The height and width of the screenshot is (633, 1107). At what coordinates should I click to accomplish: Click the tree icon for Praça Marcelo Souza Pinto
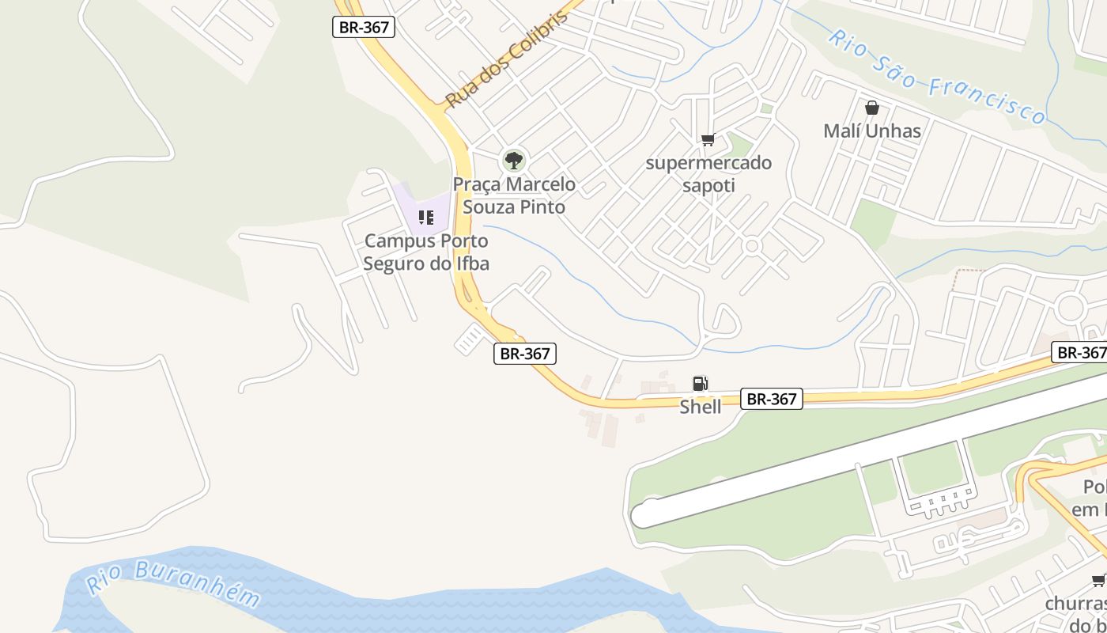point(514,161)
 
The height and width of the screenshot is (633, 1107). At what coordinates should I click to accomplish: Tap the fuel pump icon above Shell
point(700,384)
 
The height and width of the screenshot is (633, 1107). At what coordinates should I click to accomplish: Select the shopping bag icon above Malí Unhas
point(872,108)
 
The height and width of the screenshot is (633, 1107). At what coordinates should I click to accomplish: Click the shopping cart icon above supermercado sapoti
point(708,140)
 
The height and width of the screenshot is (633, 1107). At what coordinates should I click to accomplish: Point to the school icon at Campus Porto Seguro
point(426,217)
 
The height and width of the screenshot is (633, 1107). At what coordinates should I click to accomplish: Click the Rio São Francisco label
point(938,77)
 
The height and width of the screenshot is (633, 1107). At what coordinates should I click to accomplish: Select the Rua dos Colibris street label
point(506,62)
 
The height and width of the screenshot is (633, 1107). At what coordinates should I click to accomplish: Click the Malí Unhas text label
point(872,131)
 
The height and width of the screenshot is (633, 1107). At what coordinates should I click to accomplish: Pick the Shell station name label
point(701,407)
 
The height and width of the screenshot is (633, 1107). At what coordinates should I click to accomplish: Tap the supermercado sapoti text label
point(708,174)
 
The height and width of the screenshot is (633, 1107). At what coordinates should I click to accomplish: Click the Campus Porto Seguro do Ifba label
point(426,252)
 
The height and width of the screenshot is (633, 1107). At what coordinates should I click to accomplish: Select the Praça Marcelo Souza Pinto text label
point(514,195)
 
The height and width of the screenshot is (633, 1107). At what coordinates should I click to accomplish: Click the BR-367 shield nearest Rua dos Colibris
point(364,27)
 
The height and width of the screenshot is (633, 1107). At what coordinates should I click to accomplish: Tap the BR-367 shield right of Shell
point(772,399)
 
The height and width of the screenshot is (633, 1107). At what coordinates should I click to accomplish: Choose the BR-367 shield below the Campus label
point(525,354)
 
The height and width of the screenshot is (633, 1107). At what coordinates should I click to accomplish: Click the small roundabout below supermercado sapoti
point(752,246)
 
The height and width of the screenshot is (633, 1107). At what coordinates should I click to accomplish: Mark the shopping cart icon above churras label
point(1098,581)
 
